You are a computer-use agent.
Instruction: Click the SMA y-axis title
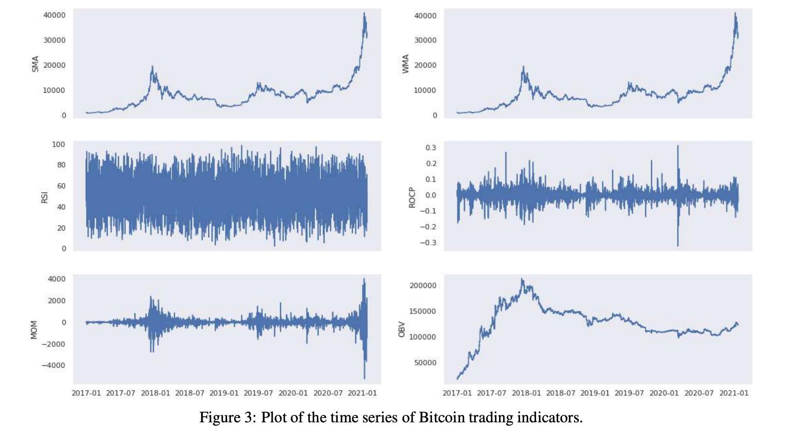tap(35, 64)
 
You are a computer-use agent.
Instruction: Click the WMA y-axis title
tap(406, 64)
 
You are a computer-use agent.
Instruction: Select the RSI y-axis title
tap(44, 197)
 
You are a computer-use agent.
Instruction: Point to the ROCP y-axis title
tap(412, 197)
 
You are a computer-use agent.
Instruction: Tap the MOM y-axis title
tap(34, 330)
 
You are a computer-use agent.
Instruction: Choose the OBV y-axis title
tap(402, 329)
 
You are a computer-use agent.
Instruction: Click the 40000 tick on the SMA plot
tap(54, 15)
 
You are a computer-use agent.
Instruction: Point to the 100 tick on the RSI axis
tap(59, 145)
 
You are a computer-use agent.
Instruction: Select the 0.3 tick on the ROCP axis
tap(431, 148)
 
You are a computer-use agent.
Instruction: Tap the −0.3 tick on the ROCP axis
tap(428, 243)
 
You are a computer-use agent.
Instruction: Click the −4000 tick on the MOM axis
tap(54, 365)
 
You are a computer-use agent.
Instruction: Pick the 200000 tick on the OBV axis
tap(423, 286)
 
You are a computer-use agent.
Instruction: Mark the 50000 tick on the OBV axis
tap(425, 363)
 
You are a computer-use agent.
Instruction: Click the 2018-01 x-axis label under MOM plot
tap(156, 393)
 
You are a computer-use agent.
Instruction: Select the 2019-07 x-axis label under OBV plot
tap(629, 393)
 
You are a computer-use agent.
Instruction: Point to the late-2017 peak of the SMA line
tap(152, 67)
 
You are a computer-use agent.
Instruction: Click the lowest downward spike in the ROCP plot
tap(678, 246)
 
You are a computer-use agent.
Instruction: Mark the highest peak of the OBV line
tap(522, 279)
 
